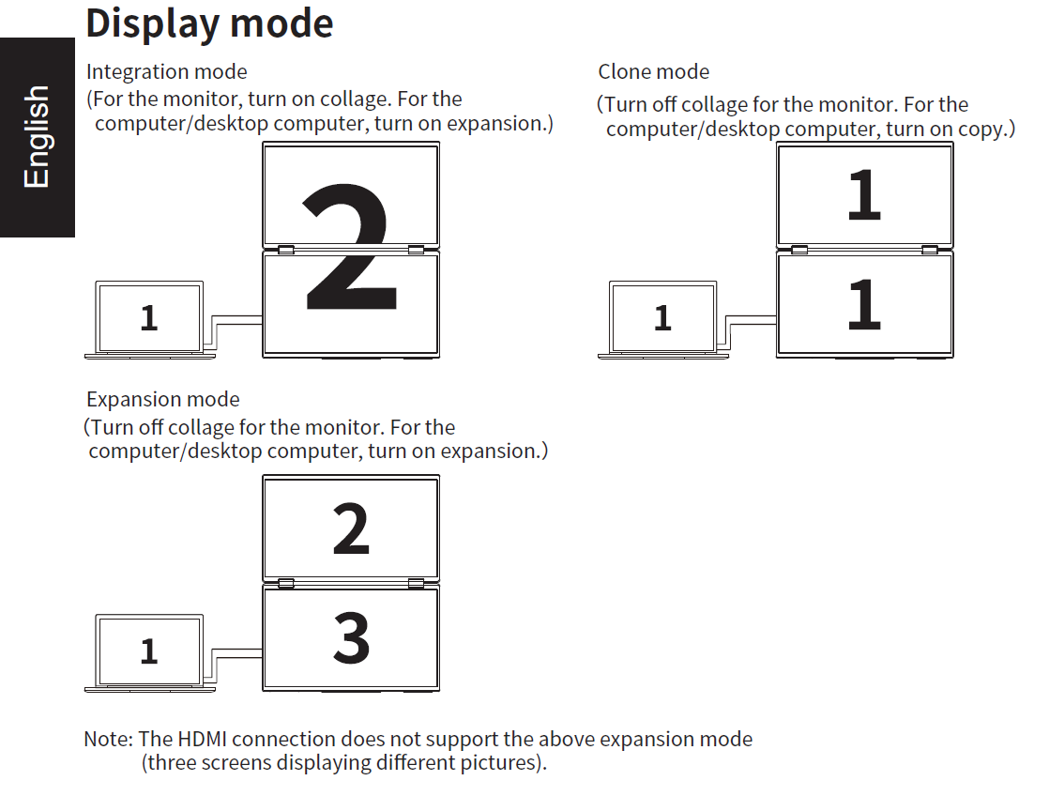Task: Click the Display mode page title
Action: (208, 23)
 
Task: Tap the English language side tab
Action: (37, 136)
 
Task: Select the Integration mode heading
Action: (167, 71)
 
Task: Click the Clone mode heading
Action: (653, 71)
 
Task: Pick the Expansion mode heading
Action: (163, 399)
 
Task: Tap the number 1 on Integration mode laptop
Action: (148, 318)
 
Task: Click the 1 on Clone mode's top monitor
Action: (863, 195)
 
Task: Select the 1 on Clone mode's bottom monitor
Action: (863, 304)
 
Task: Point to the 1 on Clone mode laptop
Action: (662, 318)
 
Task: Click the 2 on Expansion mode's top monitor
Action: (351, 528)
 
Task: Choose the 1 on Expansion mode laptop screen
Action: (148, 651)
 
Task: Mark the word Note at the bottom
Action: (107, 739)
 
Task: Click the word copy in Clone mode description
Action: (981, 129)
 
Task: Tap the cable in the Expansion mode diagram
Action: (236, 652)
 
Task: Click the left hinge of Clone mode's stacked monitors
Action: (799, 249)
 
